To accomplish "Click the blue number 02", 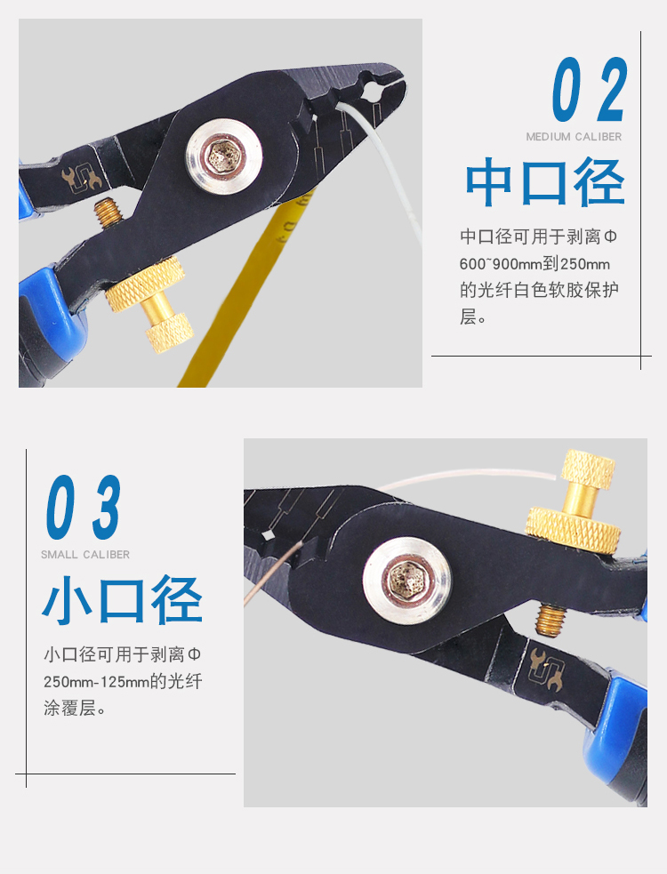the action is (590, 89).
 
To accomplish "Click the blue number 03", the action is (83, 507).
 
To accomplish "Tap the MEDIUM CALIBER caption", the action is (574, 137).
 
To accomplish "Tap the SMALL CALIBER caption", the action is (85, 555).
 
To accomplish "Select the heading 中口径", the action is (545, 181).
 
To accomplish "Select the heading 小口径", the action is (122, 600).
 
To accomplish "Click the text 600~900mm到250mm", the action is (534, 264).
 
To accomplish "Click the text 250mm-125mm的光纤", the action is (123, 681).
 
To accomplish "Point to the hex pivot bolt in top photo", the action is (224, 156).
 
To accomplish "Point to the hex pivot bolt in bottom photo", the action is (407, 581).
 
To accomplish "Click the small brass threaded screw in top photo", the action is (108, 212).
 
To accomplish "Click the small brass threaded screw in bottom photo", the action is (551, 620).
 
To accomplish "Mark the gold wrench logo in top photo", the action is (82, 178).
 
